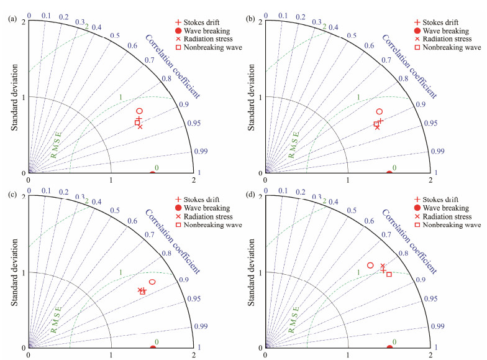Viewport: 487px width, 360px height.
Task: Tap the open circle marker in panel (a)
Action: click(139, 111)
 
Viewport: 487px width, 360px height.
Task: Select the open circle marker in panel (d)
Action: click(370, 265)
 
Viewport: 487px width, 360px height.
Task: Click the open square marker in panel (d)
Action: click(389, 274)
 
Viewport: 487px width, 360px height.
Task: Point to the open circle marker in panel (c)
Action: click(152, 282)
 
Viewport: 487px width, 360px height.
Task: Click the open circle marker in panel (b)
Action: click(380, 111)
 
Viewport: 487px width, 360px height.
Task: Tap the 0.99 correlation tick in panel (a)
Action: click(201, 150)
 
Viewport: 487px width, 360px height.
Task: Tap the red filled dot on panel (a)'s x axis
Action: click(153, 173)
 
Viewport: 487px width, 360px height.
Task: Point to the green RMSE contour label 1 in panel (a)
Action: click(120, 98)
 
